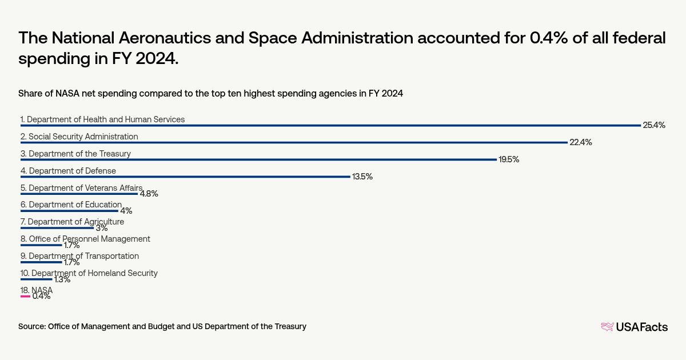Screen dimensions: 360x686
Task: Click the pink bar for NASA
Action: point(25,297)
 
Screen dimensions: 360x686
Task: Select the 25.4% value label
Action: point(654,125)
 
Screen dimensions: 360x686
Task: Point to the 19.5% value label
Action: point(508,159)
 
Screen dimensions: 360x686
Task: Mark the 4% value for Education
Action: point(126,211)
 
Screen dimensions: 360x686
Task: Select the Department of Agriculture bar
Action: point(57,228)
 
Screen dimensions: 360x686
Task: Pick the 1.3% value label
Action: point(62,279)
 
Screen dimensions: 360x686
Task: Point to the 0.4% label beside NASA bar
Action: point(41,297)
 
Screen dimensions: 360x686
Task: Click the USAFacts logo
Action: point(634,327)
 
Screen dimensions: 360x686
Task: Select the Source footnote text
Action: point(162,326)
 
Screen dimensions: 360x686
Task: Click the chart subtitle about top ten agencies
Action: point(211,94)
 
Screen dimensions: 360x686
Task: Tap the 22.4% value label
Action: point(580,142)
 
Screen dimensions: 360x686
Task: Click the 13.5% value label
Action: point(361,177)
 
